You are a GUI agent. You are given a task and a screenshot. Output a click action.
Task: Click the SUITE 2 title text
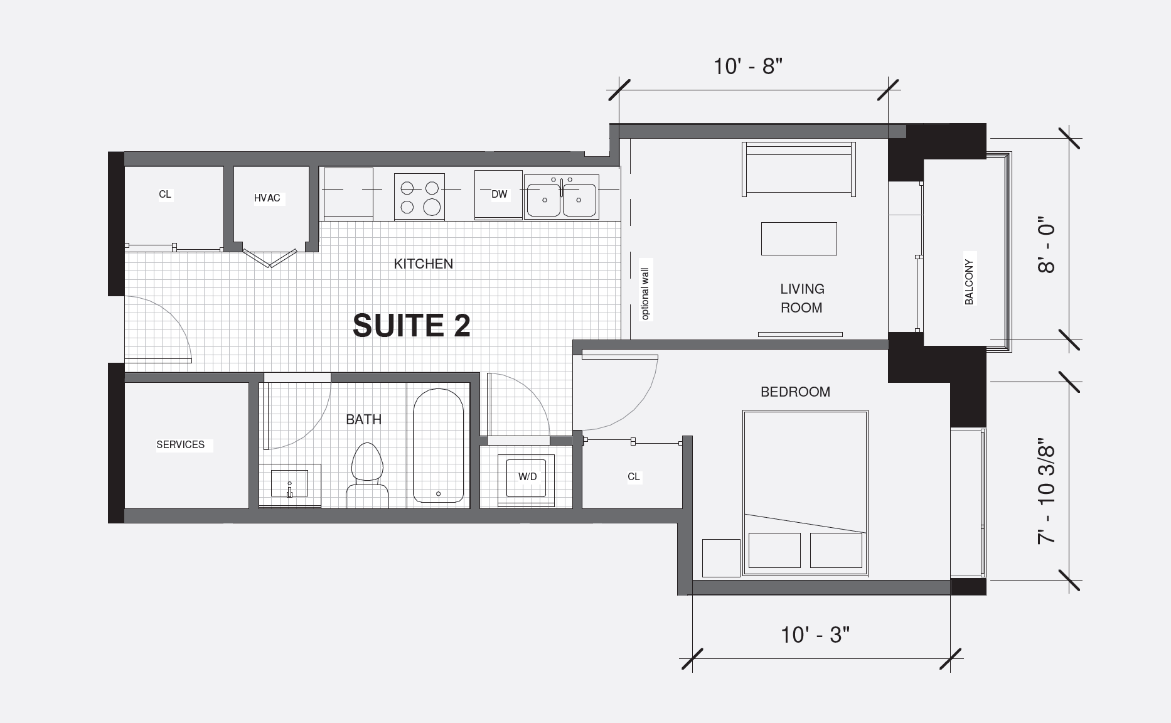coord(411,326)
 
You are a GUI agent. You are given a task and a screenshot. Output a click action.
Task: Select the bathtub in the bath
coord(438,446)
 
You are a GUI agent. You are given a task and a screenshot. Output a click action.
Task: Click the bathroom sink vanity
coord(290,485)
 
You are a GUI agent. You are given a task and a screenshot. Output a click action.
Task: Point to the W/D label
coord(527,477)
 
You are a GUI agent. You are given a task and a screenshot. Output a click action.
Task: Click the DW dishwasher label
coord(499,195)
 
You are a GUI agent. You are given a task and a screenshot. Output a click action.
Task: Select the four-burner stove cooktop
coord(419,196)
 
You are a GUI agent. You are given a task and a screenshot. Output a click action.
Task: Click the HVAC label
coord(267,198)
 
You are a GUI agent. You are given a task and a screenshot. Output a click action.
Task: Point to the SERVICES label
coord(180,445)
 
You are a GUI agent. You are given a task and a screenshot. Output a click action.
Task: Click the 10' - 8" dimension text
coord(748,66)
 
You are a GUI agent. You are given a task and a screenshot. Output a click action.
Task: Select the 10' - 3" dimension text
coord(815,635)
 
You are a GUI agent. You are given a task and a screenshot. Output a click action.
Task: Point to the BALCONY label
coord(969,282)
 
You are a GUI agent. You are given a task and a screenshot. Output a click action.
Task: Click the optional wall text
coord(645,294)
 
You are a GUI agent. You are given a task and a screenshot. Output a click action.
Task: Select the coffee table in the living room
coord(798,238)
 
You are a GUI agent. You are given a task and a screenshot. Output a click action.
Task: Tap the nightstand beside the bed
coord(721,558)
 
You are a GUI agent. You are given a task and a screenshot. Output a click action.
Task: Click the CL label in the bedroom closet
coord(634,477)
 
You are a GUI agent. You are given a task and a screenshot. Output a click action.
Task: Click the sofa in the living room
coord(798,169)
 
